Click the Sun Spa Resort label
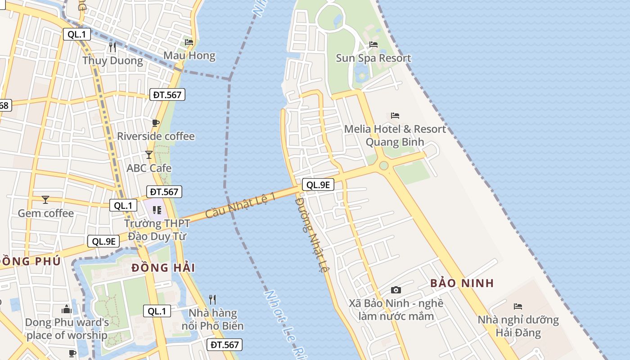(x=373, y=58)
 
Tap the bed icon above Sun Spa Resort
(x=373, y=44)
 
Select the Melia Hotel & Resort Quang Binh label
(x=395, y=135)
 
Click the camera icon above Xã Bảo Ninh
(x=396, y=290)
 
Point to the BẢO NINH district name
(x=462, y=283)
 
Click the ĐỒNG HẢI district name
(x=163, y=268)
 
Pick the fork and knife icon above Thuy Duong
(x=112, y=47)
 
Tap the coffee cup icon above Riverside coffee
(x=156, y=123)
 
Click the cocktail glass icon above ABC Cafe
(x=149, y=155)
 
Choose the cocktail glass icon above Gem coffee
(x=45, y=199)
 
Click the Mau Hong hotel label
(x=189, y=56)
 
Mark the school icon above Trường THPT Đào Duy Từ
(x=157, y=210)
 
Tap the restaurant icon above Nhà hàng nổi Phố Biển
(x=212, y=299)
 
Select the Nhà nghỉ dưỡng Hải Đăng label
(x=518, y=327)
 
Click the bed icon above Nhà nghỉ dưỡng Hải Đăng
(x=518, y=306)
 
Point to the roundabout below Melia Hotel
(x=383, y=166)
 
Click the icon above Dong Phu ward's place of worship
(x=67, y=309)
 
